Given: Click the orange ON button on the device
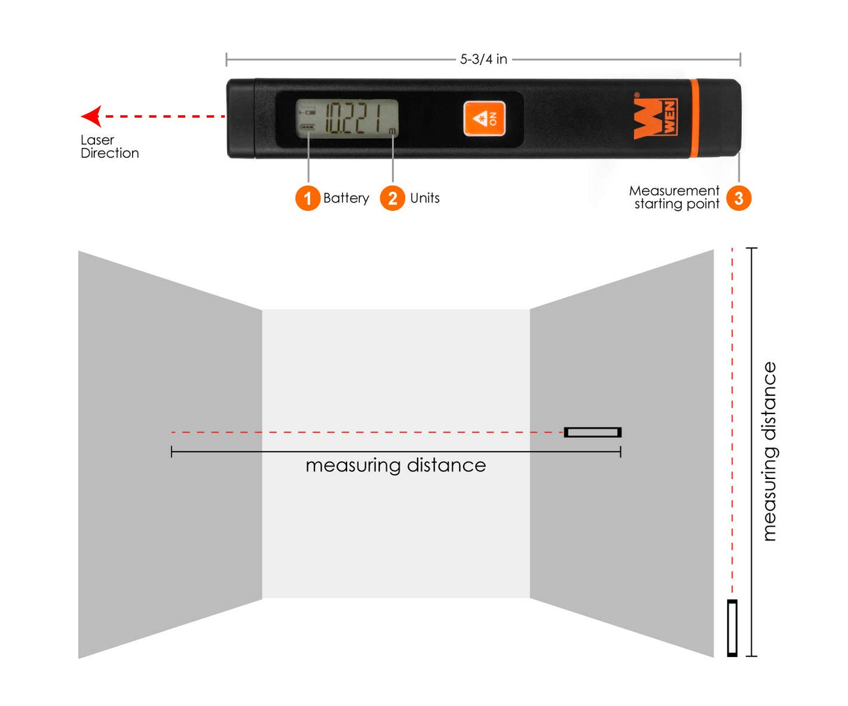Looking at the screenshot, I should [484, 119].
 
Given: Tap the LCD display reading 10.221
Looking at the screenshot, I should [347, 119].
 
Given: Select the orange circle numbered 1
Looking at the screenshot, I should [307, 198].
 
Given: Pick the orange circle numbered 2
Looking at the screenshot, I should [393, 198].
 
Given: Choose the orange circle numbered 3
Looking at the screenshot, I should [738, 198].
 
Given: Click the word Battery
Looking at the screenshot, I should [346, 198].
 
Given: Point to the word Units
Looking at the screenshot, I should [425, 198].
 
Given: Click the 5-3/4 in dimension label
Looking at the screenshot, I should [483, 60].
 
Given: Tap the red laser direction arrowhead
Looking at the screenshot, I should [92, 116].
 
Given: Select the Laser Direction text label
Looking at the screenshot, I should [110, 147].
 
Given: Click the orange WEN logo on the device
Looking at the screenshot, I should [655, 119].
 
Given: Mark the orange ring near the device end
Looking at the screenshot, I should [694, 119].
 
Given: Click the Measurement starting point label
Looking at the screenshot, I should [674, 198].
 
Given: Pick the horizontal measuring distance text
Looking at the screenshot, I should [395, 466].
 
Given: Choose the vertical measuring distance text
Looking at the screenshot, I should [769, 452].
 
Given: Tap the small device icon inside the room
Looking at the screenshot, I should [592, 432].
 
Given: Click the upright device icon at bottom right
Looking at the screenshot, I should [732, 628].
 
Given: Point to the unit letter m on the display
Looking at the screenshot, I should [392, 131].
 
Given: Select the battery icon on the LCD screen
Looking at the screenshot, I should [307, 127].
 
